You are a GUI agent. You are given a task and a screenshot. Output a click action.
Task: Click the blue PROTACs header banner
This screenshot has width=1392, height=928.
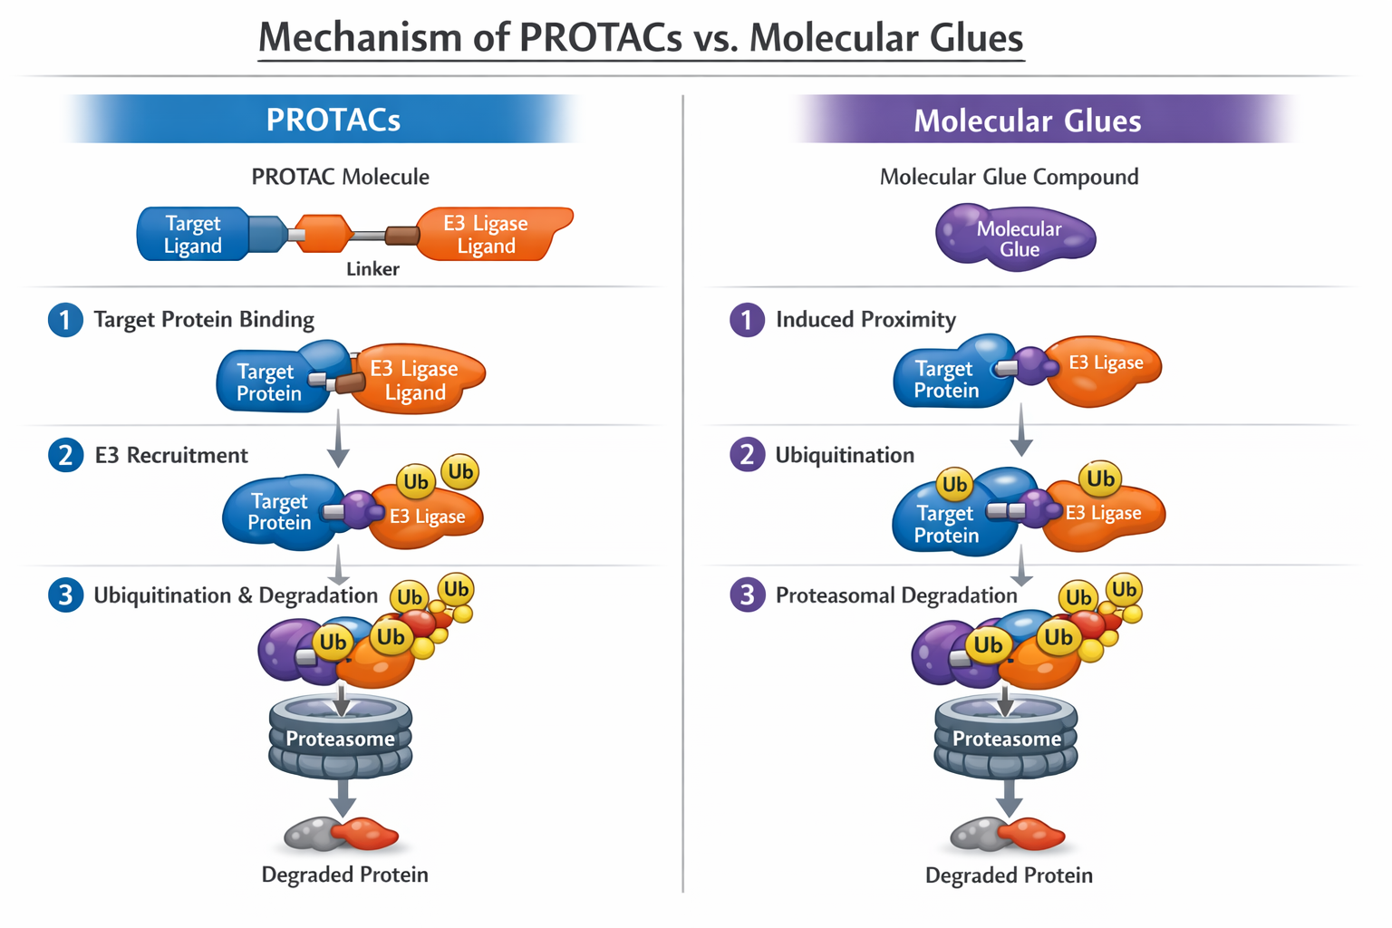pyautogui.click(x=332, y=120)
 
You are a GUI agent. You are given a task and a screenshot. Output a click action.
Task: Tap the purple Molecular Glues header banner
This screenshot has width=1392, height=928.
pyautogui.click(x=1026, y=121)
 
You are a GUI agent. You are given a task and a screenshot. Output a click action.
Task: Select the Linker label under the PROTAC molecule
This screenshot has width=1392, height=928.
pyautogui.click(x=372, y=269)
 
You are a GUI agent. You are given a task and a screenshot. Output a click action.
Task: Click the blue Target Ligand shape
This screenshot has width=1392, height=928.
pyautogui.click(x=193, y=235)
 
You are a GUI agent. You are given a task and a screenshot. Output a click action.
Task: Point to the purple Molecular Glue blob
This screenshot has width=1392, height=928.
pyautogui.click(x=1017, y=237)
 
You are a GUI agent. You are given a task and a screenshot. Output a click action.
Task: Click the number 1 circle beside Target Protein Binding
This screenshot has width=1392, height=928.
pyautogui.click(x=65, y=320)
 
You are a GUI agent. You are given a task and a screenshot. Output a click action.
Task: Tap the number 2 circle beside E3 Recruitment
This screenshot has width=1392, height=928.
pyautogui.click(x=65, y=455)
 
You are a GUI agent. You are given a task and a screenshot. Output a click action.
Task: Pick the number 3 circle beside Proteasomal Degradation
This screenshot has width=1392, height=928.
pyautogui.click(x=747, y=595)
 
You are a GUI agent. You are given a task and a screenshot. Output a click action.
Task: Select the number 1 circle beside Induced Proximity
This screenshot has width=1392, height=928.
pyautogui.click(x=747, y=320)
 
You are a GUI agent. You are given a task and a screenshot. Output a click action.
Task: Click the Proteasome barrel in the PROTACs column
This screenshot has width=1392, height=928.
pyautogui.click(x=341, y=738)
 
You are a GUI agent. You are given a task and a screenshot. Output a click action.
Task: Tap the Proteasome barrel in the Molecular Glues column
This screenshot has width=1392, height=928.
pyautogui.click(x=1006, y=738)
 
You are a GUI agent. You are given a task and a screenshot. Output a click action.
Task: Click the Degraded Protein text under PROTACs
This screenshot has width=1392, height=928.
pyautogui.click(x=344, y=875)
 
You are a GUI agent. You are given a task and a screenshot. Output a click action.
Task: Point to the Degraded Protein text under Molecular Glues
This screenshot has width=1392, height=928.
pyautogui.click(x=1009, y=875)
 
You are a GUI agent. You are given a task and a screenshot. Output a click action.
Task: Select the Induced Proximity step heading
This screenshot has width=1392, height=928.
pyautogui.click(x=865, y=320)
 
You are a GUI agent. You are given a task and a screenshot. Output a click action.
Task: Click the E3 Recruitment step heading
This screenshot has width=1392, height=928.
pyautogui.click(x=171, y=455)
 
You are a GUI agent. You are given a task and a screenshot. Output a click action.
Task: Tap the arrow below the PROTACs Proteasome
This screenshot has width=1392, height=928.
pyautogui.click(x=342, y=797)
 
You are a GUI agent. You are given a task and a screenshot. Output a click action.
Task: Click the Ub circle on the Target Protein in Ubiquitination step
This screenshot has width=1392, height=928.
pyautogui.click(x=954, y=485)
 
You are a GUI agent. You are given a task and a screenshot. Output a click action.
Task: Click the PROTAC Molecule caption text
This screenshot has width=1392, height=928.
pyautogui.click(x=340, y=177)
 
